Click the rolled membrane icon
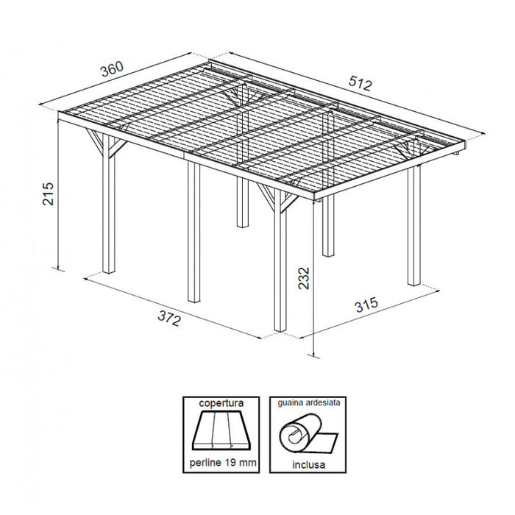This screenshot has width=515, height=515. click(x=305, y=434)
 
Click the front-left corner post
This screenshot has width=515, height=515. click(x=109, y=213)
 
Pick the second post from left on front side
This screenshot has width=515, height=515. click(x=193, y=235)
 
